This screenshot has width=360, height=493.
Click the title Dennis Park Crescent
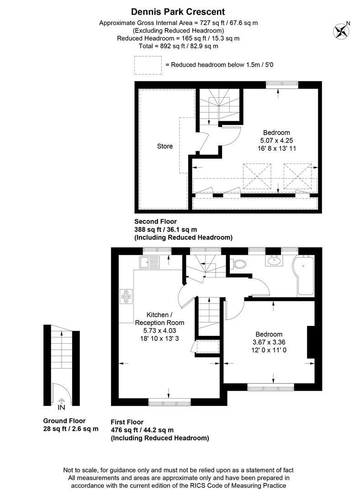(178, 12)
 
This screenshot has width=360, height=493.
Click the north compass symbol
(341, 31)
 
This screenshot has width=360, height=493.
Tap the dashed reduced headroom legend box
(148, 65)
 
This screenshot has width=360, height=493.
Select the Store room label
(165, 147)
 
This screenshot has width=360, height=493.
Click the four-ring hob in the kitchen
(126, 297)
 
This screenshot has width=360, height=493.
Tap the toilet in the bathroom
(238, 263)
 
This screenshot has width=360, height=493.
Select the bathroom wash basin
(275, 261)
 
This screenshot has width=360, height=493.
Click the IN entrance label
(62, 407)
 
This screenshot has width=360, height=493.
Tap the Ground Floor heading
(64, 421)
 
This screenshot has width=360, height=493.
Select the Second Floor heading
(154, 221)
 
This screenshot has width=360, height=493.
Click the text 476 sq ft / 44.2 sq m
(142, 430)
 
